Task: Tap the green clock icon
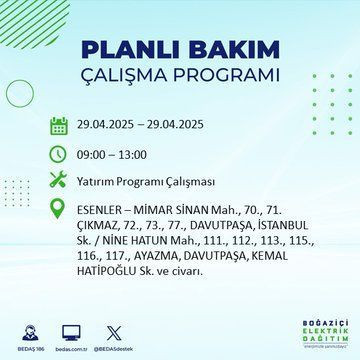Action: click(x=59, y=155)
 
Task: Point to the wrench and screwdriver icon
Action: click(x=59, y=182)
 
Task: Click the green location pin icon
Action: click(x=59, y=210)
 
